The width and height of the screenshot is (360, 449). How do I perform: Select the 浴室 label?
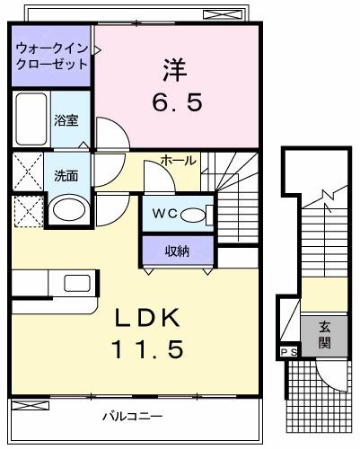click(65, 119)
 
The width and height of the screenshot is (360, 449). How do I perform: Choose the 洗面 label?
click(65, 175)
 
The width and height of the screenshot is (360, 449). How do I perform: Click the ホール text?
click(178, 160)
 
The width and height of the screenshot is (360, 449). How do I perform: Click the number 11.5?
click(149, 348)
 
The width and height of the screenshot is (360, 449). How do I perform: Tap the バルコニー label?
click(131, 416)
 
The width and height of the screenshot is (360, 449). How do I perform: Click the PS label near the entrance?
click(289, 352)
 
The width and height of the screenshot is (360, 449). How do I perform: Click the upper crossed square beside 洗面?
click(27, 170)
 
